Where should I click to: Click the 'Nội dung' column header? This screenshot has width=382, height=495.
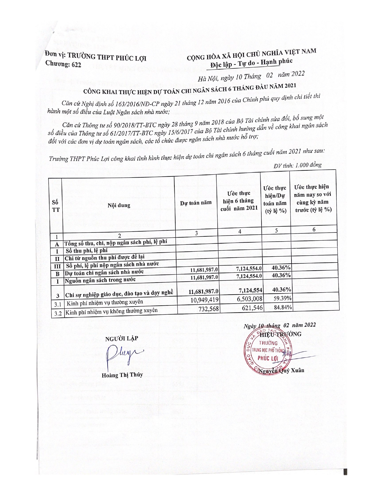119,205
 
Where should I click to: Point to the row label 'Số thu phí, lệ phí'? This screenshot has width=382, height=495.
87,250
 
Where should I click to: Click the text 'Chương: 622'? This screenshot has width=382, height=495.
63,64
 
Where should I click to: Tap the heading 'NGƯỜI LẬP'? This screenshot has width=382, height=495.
121,338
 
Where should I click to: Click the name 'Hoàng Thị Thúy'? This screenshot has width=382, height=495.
122,375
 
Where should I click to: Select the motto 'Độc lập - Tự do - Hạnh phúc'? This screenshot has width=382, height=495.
251,63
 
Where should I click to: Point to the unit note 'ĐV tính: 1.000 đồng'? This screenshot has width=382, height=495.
298,165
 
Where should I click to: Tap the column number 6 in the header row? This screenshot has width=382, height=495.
314,229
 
